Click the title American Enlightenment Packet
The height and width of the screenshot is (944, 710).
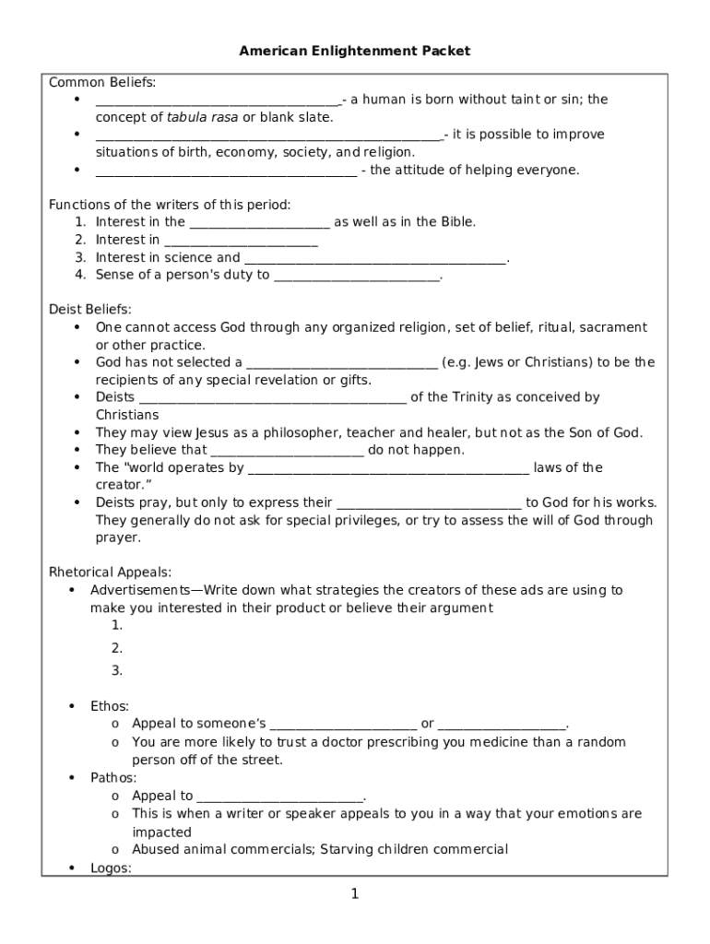pyautogui.click(x=355, y=51)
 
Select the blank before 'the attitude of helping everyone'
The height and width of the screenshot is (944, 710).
pyautogui.click(x=226, y=171)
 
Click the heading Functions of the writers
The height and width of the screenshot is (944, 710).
pyautogui.click(x=169, y=205)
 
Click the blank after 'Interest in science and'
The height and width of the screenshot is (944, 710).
pyautogui.click(x=375, y=259)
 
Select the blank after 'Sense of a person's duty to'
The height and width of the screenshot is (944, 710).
pyautogui.click(x=357, y=276)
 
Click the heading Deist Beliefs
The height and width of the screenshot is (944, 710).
pyautogui.click(x=89, y=310)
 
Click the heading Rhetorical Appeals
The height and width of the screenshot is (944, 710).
pyautogui.click(x=110, y=572)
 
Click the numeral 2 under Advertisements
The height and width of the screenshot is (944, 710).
pyautogui.click(x=116, y=648)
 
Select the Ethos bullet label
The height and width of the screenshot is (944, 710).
pyautogui.click(x=109, y=706)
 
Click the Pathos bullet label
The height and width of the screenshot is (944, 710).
pyautogui.click(x=112, y=778)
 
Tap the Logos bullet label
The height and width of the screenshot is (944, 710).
pyautogui.click(x=110, y=867)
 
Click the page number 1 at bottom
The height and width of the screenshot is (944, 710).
pyautogui.click(x=355, y=893)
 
